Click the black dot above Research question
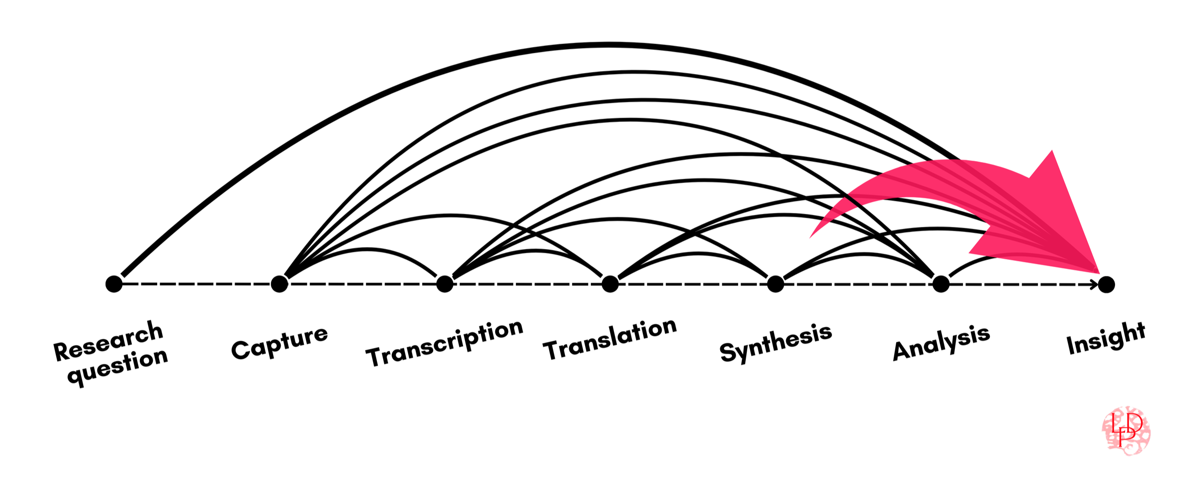(114, 284)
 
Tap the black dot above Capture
(279, 284)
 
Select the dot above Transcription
(445, 284)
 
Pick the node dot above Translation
(610, 284)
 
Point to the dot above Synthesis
(776, 284)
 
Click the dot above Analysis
(941, 284)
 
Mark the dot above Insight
(1106, 285)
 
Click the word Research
(108, 341)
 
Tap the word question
(118, 367)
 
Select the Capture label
(279, 342)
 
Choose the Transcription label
(444, 343)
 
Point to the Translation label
(610, 339)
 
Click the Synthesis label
(776, 342)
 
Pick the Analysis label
(941, 342)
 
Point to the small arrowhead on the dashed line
(1095, 285)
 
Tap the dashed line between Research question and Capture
(197, 284)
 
